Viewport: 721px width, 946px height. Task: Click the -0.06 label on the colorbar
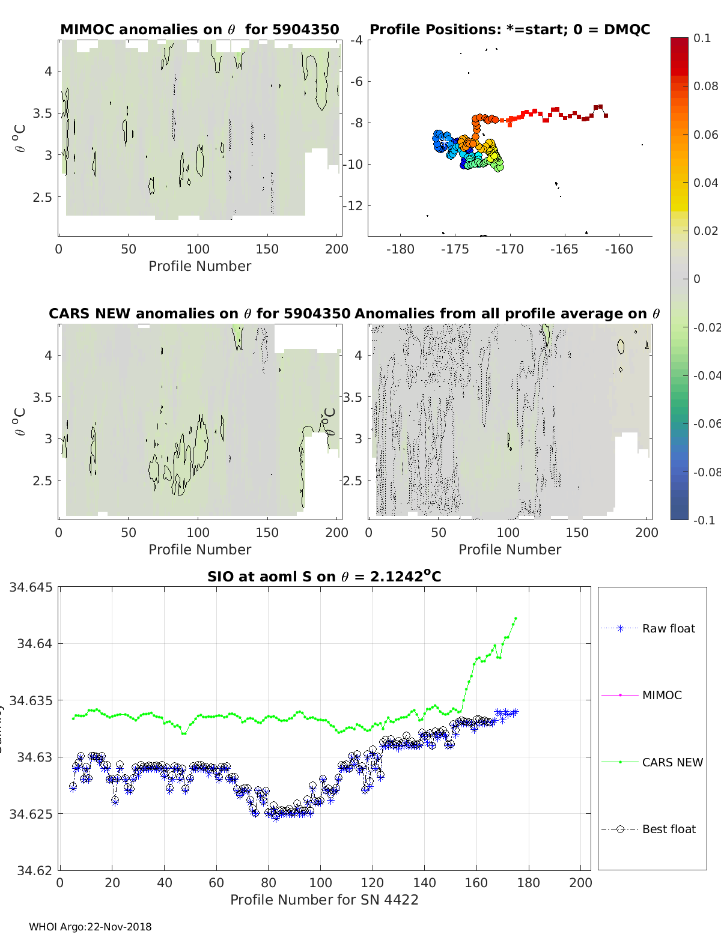pyautogui.click(x=707, y=423)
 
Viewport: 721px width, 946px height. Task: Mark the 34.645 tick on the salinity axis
pyautogui.click(x=31, y=587)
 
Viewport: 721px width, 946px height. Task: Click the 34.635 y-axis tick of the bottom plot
pyautogui.click(x=31, y=700)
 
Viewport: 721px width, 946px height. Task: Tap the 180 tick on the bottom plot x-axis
pyautogui.click(x=528, y=882)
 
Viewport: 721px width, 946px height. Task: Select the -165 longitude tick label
pyautogui.click(x=564, y=249)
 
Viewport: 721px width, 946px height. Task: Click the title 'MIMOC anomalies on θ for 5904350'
pyautogui.click(x=199, y=29)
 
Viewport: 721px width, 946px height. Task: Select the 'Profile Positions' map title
pyautogui.click(x=510, y=29)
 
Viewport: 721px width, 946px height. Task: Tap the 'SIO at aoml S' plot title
pyautogui.click(x=324, y=577)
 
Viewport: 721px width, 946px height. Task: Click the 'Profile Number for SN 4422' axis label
pyautogui.click(x=324, y=900)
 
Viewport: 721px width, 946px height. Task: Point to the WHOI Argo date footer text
pyautogui.click(x=90, y=927)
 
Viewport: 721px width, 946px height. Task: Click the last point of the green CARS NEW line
pyautogui.click(x=516, y=618)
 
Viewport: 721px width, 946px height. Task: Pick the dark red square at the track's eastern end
pyautogui.click(x=606, y=115)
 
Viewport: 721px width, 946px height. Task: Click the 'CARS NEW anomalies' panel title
pyautogui.click(x=199, y=314)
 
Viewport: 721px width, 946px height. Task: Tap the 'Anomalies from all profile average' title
pyautogui.click(x=507, y=314)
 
